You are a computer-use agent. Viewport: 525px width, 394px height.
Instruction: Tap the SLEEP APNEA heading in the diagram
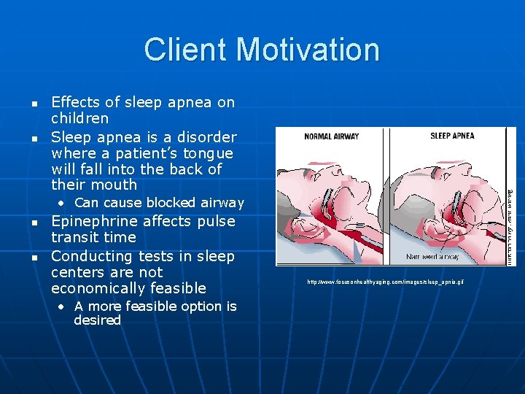pyautogui.click(x=452, y=136)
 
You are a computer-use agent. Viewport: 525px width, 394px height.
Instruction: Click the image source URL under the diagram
pyautogui.click(x=385, y=282)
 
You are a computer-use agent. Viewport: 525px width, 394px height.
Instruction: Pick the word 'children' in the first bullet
pyautogui.click(x=79, y=118)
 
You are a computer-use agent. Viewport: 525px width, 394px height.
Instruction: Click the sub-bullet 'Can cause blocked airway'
pyautogui.click(x=159, y=203)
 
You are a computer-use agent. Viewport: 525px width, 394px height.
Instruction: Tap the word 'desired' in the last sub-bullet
pyautogui.click(x=97, y=320)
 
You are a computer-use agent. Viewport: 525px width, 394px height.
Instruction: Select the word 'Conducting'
pyautogui.click(x=92, y=256)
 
